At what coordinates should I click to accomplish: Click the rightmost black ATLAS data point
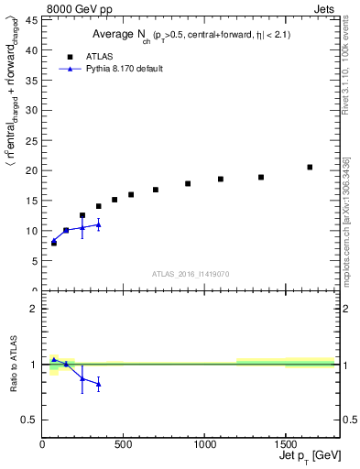(x=310, y=168)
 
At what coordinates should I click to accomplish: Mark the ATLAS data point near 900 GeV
(x=188, y=184)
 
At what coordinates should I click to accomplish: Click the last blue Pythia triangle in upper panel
(x=98, y=224)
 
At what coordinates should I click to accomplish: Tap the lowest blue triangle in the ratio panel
(x=98, y=384)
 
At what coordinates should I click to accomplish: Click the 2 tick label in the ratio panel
(x=34, y=309)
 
